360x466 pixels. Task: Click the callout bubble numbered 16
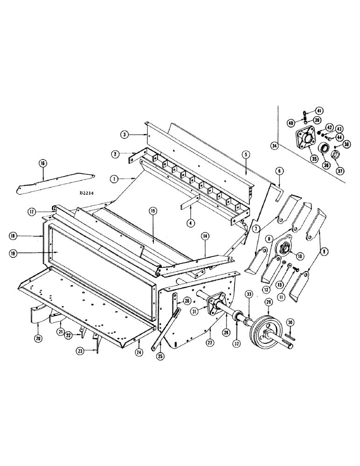tap(42, 164)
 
